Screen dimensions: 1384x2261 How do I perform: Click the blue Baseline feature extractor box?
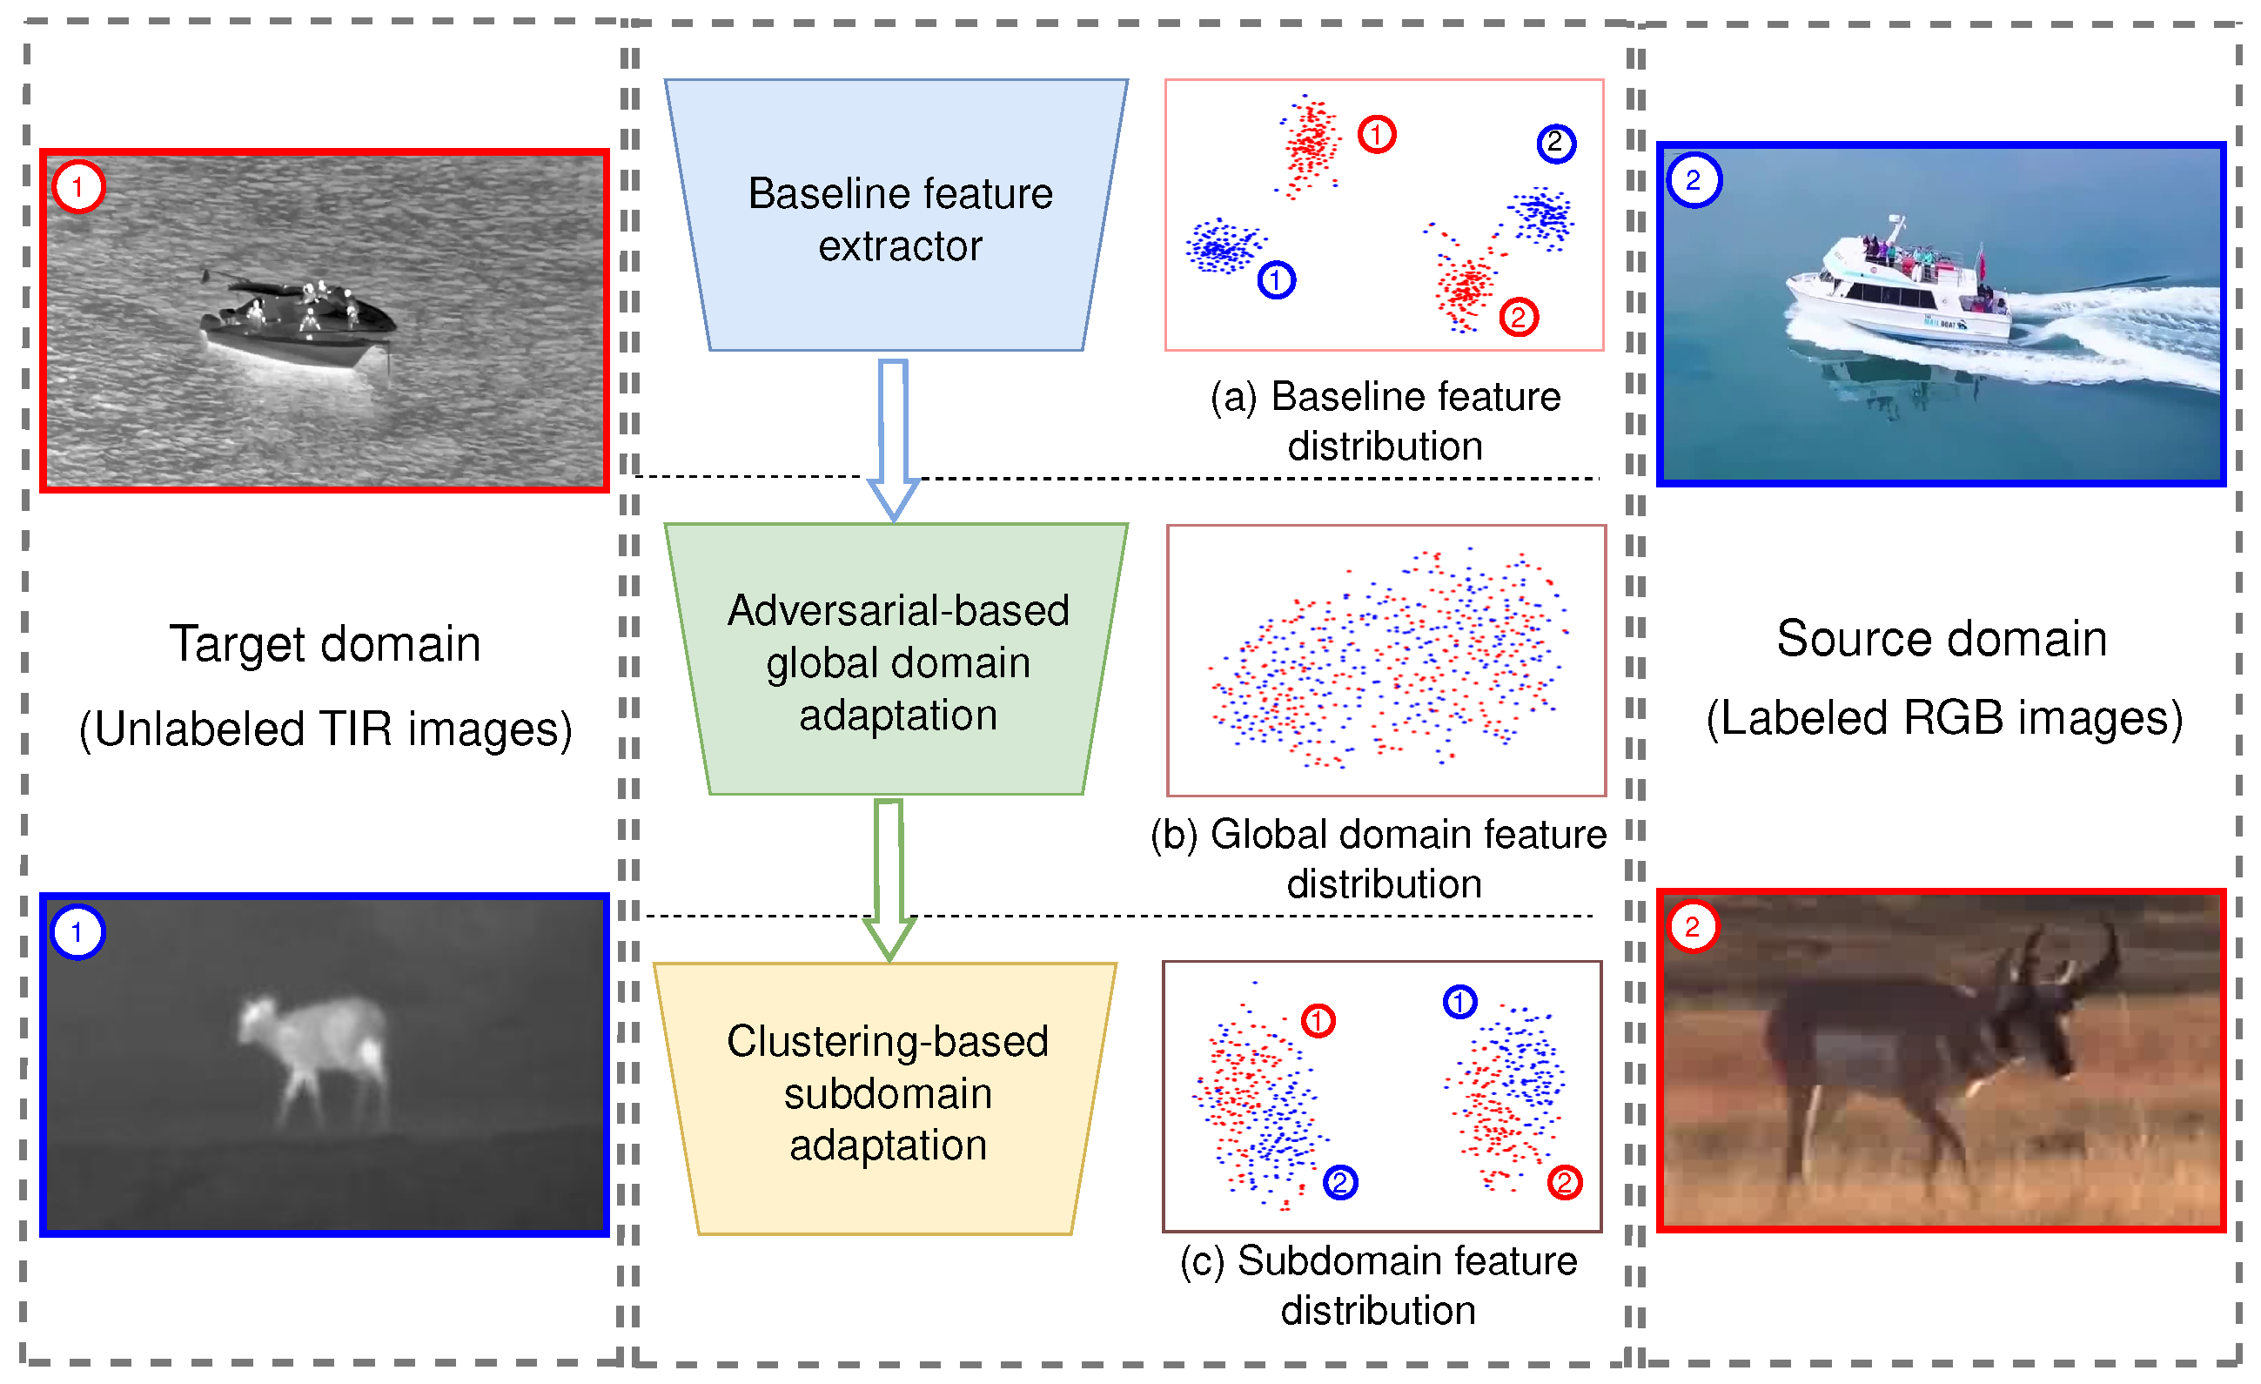tap(897, 217)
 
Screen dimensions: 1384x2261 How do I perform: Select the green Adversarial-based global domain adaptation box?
tap(897, 661)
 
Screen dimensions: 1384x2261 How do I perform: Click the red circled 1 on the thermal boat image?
tap(78, 187)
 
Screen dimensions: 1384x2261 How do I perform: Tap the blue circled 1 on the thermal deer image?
tap(77, 932)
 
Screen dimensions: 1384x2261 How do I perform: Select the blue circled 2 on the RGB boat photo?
tap(1693, 180)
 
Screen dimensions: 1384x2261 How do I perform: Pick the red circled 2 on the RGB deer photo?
tap(1692, 927)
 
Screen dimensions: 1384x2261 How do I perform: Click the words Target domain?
tap(325, 643)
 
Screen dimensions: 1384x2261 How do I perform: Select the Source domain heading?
tap(1941, 639)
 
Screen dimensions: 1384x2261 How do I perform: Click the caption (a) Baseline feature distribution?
tap(1385, 421)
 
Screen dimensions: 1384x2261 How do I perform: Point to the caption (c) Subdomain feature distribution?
tap(1379, 1285)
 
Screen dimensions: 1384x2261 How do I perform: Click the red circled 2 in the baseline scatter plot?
tap(1519, 318)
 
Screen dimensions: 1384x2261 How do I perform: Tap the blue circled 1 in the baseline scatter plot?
tap(1276, 280)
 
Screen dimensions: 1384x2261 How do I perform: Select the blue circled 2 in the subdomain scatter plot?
tap(1339, 1182)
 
